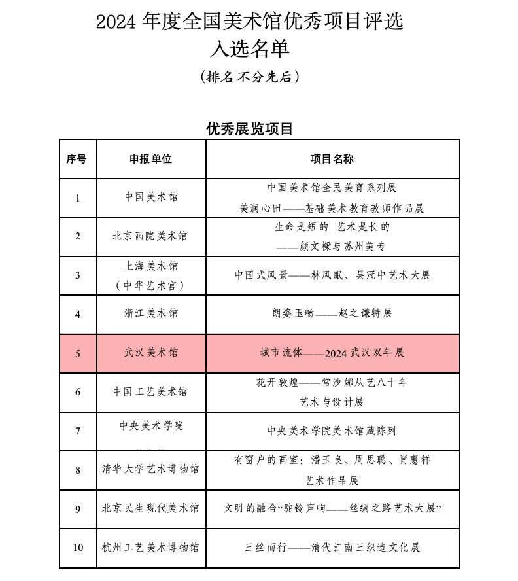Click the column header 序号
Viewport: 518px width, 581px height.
pyautogui.click(x=77, y=159)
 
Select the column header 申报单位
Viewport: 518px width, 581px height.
pyautogui.click(x=151, y=159)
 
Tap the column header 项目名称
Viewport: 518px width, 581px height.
pyautogui.click(x=332, y=159)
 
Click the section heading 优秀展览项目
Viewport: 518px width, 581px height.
pyautogui.click(x=249, y=129)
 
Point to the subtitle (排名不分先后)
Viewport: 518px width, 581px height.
pyautogui.click(x=249, y=77)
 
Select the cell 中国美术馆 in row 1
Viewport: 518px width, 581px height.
pyautogui.click(x=151, y=197)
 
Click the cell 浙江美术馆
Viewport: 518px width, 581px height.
pyautogui.click(x=151, y=313)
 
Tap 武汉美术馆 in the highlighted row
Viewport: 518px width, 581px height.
pyautogui.click(x=151, y=353)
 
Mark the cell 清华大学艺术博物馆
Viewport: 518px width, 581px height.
pyautogui.click(x=151, y=469)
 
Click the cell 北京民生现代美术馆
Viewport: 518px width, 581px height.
pyautogui.click(x=150, y=508)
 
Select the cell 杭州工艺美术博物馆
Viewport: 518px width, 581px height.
pyautogui.click(x=150, y=547)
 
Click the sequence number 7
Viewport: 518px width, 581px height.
pyautogui.click(x=78, y=431)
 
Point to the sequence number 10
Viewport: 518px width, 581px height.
pyautogui.click(x=78, y=547)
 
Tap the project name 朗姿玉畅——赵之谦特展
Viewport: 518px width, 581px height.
pyautogui.click(x=332, y=313)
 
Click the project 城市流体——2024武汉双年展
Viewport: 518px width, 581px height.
pyautogui.click(x=332, y=353)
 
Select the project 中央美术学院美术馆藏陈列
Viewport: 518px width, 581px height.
pyautogui.click(x=332, y=431)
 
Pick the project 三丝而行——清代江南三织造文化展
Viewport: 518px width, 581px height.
pyautogui.click(x=332, y=547)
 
